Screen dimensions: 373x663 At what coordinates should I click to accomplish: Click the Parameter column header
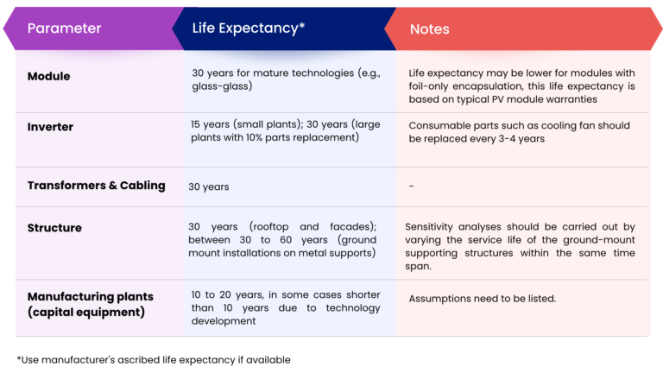point(64,28)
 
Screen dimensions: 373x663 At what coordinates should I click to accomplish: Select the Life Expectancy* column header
point(249,28)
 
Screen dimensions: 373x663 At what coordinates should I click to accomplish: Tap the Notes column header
point(429,29)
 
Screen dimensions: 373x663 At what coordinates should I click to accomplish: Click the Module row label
point(48,76)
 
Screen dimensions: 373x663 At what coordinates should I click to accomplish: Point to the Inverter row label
point(50,127)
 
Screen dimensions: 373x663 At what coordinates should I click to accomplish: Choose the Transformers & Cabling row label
point(96,186)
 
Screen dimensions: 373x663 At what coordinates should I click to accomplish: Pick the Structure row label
point(54,228)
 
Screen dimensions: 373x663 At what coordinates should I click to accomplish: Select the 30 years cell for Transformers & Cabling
point(209,186)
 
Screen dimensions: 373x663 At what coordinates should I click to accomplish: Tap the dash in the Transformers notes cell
point(411,186)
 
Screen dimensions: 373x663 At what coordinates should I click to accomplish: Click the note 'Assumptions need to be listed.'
point(482,299)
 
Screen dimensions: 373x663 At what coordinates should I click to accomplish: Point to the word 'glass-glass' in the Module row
point(218,86)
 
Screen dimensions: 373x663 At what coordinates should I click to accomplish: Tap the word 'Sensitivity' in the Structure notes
point(434,227)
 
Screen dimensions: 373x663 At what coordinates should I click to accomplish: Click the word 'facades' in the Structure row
point(351,227)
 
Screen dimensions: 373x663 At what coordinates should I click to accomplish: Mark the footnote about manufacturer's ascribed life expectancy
point(154,359)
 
